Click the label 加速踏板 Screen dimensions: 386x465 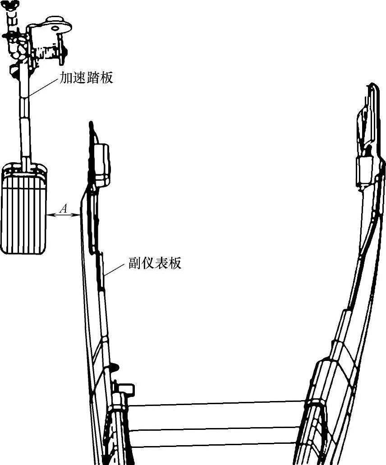86,78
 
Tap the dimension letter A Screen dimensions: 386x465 64,208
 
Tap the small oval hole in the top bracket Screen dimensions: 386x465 56,27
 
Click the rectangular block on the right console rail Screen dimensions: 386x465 365,171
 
